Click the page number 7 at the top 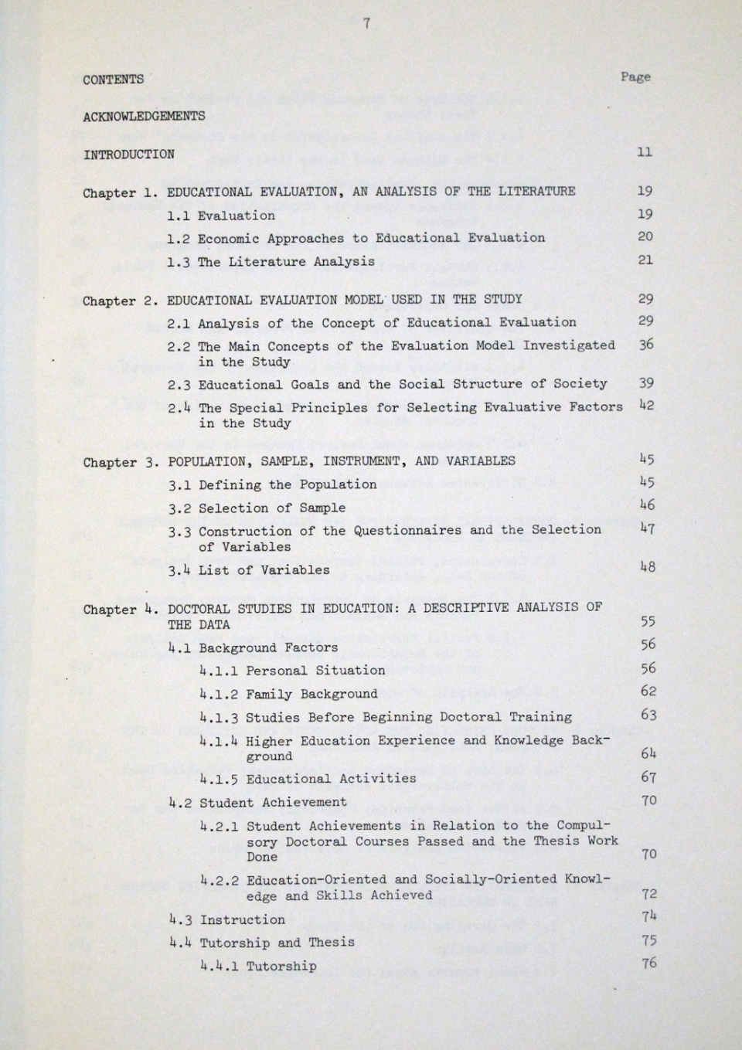(x=366, y=24)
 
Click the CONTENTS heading (x=113, y=80)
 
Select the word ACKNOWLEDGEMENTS (x=144, y=117)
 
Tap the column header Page (x=635, y=76)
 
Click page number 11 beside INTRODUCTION (x=645, y=152)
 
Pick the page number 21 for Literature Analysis (x=645, y=260)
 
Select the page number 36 (x=646, y=345)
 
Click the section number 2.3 (x=179, y=385)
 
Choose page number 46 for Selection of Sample (x=647, y=506)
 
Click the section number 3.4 (x=179, y=570)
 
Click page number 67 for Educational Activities (x=648, y=777)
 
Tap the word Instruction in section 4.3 (x=243, y=919)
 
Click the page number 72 (x=649, y=894)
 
